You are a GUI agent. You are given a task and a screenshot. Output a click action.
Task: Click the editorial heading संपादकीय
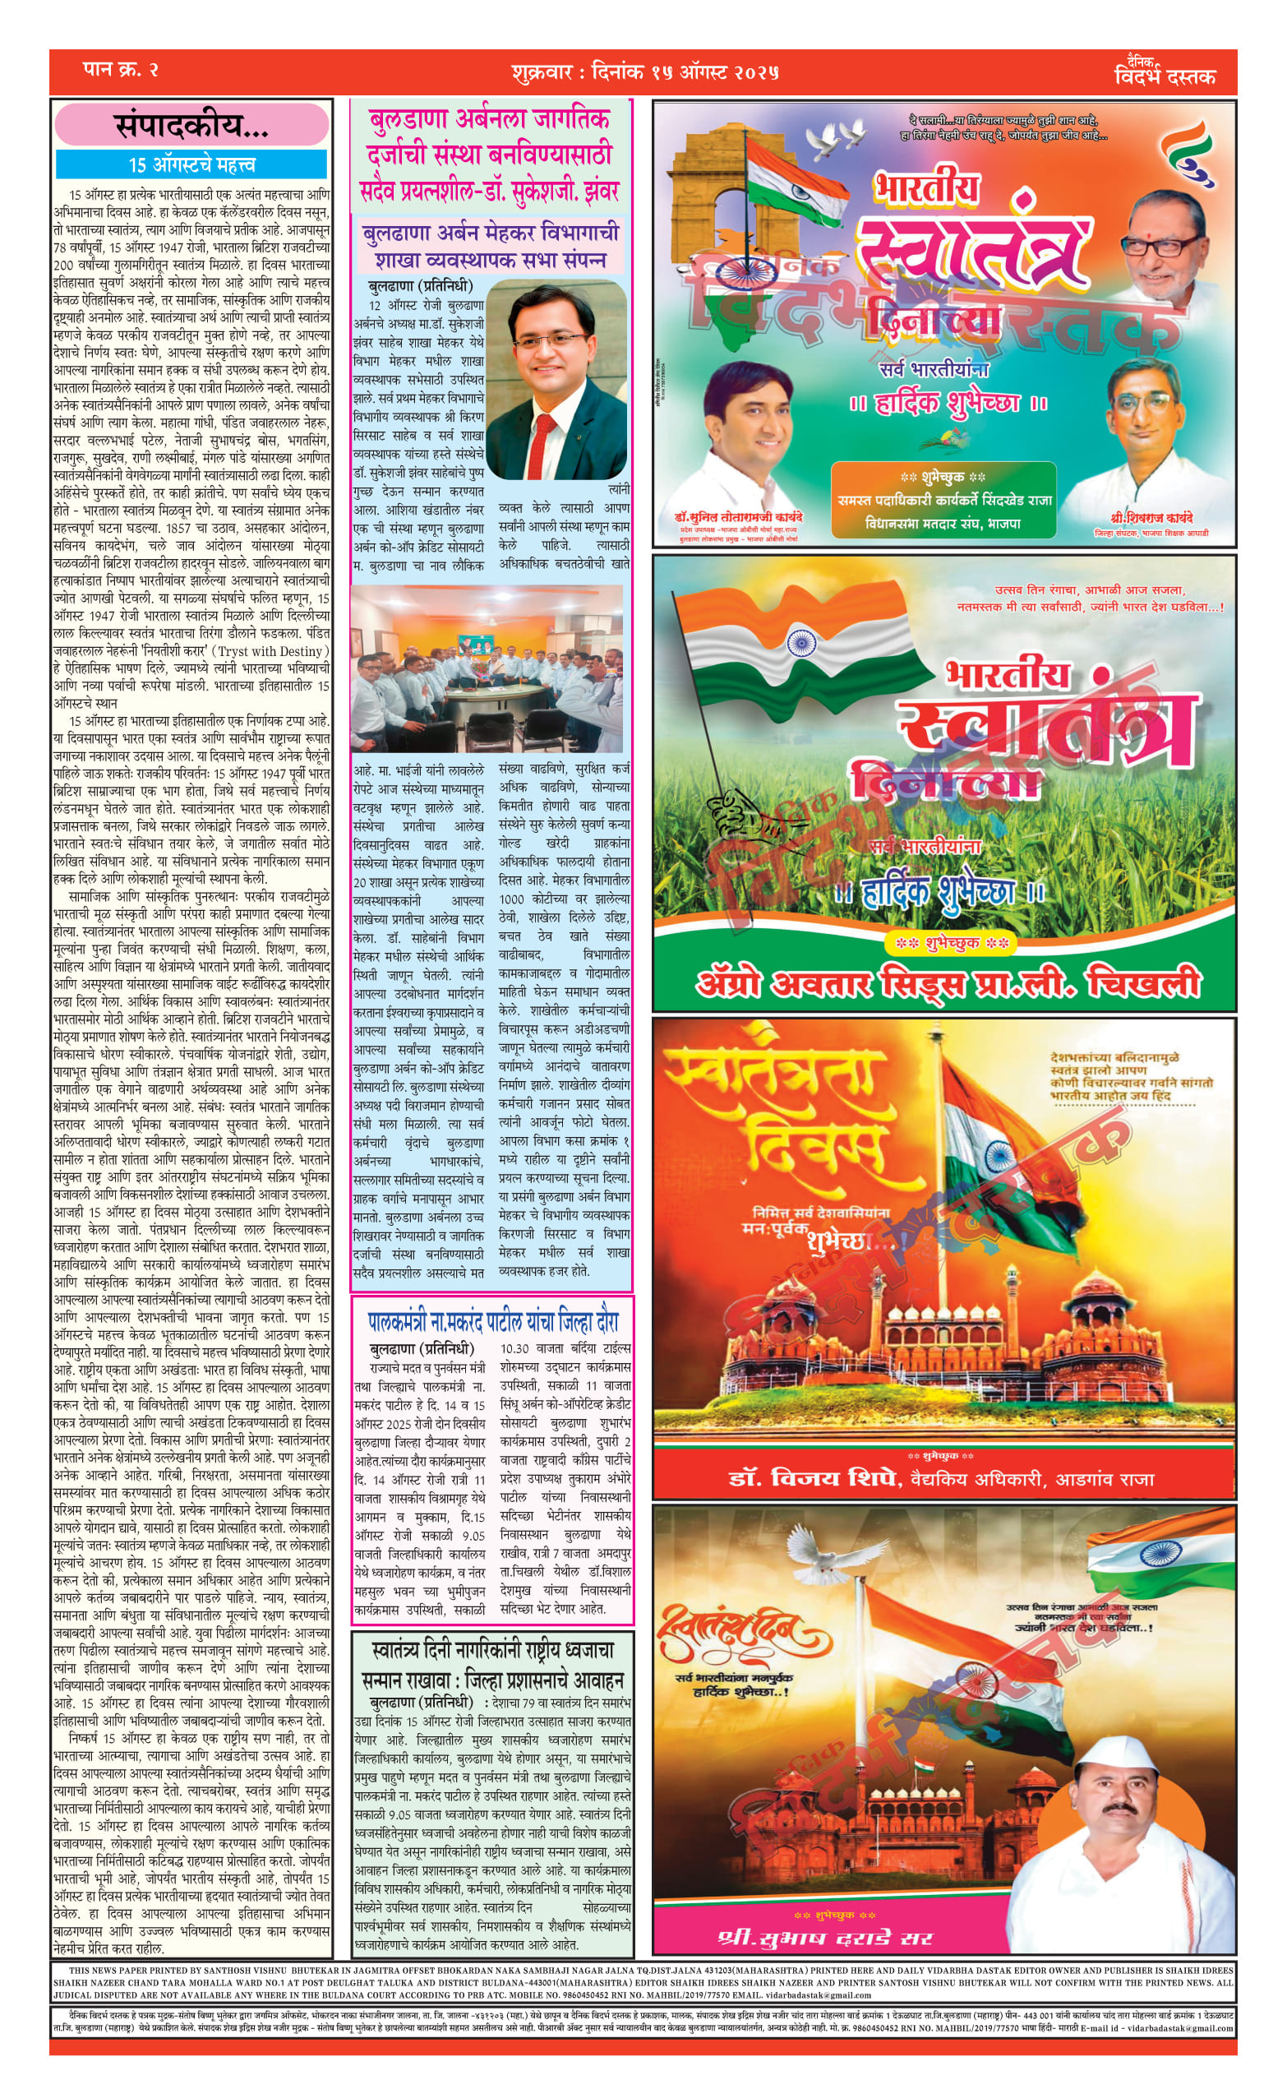pos(191,126)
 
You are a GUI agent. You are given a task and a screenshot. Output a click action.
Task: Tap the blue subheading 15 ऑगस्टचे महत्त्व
pos(191,164)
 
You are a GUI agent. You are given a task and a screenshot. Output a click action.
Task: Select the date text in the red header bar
pos(645,72)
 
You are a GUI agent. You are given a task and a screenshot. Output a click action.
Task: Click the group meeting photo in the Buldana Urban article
pos(487,669)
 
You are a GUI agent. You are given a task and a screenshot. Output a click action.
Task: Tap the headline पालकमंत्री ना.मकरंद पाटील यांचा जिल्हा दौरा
pos(493,1322)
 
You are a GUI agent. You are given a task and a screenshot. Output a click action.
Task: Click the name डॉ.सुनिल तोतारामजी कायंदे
pos(738,517)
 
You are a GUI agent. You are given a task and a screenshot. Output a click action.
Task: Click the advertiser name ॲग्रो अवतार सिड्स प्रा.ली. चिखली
pos(948,984)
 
